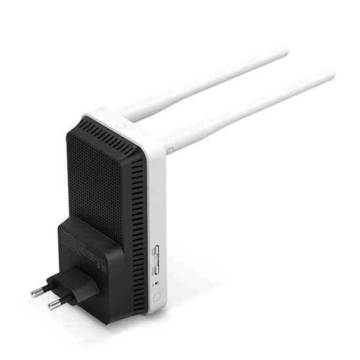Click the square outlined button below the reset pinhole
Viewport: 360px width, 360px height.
156,296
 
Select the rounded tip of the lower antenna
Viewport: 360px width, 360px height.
331,75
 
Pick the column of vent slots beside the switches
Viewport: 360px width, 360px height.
138,216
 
